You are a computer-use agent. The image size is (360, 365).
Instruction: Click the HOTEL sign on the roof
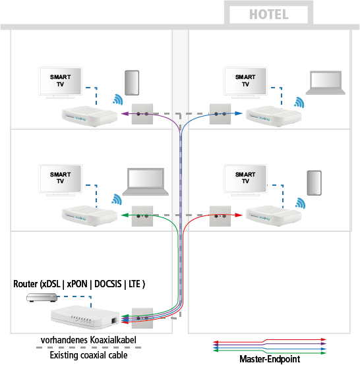click(x=268, y=14)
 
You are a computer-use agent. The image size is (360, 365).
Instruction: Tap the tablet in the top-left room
click(x=133, y=82)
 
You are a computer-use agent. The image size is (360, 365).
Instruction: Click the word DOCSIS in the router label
click(x=108, y=284)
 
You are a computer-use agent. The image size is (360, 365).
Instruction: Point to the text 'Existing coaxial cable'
click(x=89, y=355)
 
